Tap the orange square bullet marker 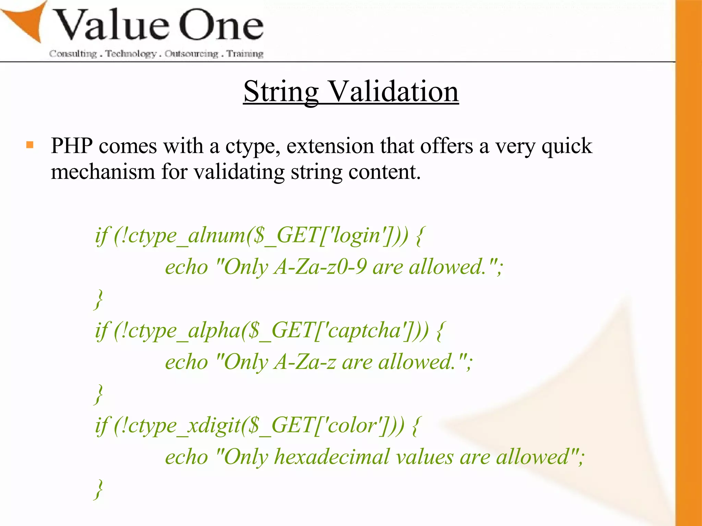[x=30, y=145]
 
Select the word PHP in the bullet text [x=72, y=146]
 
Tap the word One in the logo [x=221, y=26]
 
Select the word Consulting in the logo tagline [x=73, y=54]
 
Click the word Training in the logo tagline [x=245, y=54]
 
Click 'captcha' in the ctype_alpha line [x=364, y=331]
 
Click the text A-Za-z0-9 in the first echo [x=320, y=267]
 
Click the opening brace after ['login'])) [x=420, y=236]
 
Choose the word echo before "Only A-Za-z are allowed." [x=186, y=362]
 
